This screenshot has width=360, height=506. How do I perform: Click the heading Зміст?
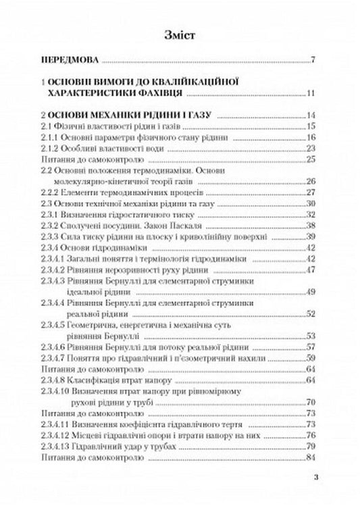(x=180, y=36)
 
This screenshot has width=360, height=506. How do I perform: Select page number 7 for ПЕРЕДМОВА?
(x=314, y=61)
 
